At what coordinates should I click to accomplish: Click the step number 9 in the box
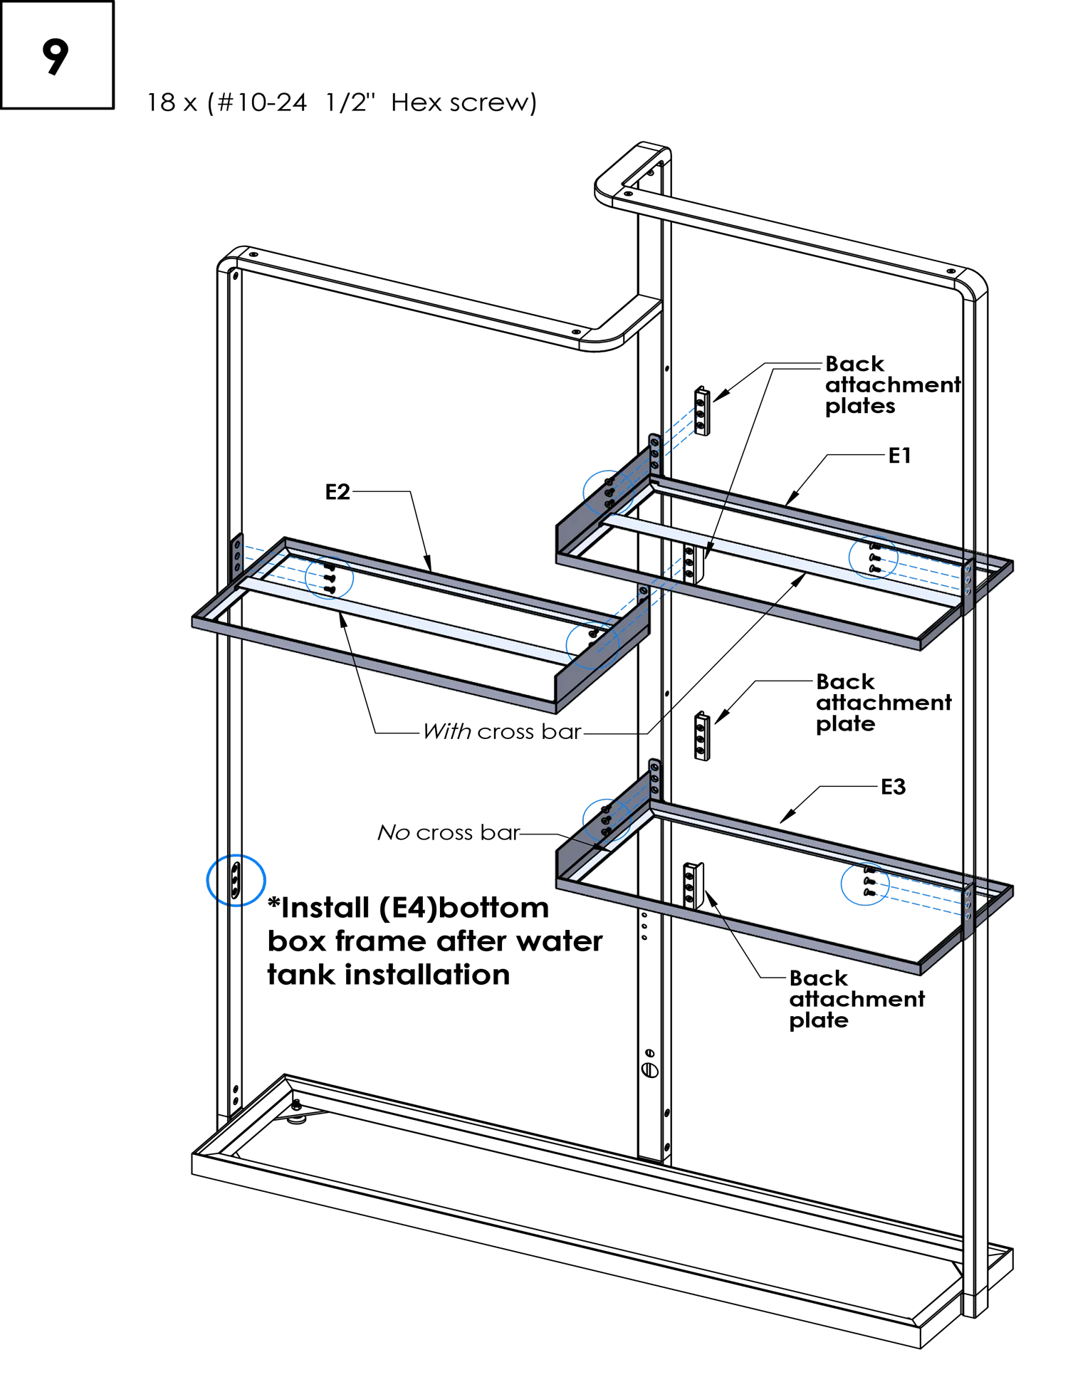pyautogui.click(x=56, y=56)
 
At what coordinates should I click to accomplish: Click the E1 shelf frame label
pyautogui.click(x=899, y=456)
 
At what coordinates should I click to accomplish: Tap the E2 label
pyautogui.click(x=337, y=492)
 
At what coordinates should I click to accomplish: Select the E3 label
pyautogui.click(x=893, y=787)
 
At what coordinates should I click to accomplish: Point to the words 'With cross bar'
pyautogui.click(x=502, y=732)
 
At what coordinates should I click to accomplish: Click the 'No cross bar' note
pyautogui.click(x=449, y=832)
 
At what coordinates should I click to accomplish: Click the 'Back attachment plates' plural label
pyautogui.click(x=893, y=384)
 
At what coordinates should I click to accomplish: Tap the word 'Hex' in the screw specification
pyautogui.click(x=417, y=103)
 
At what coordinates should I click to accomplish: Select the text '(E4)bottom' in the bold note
pyautogui.click(x=464, y=908)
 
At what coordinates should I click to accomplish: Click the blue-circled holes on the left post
pyautogui.click(x=236, y=880)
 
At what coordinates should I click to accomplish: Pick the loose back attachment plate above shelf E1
pyautogui.click(x=702, y=411)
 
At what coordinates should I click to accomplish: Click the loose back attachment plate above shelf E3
pyautogui.click(x=702, y=736)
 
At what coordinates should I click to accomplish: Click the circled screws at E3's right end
pyautogui.click(x=865, y=884)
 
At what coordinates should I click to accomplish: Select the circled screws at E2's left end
pyautogui.click(x=329, y=577)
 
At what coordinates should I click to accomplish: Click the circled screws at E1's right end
pyautogui.click(x=874, y=557)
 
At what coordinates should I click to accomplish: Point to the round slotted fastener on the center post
pyautogui.click(x=650, y=1069)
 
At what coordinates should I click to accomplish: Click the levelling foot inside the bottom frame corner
pyautogui.click(x=296, y=1112)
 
